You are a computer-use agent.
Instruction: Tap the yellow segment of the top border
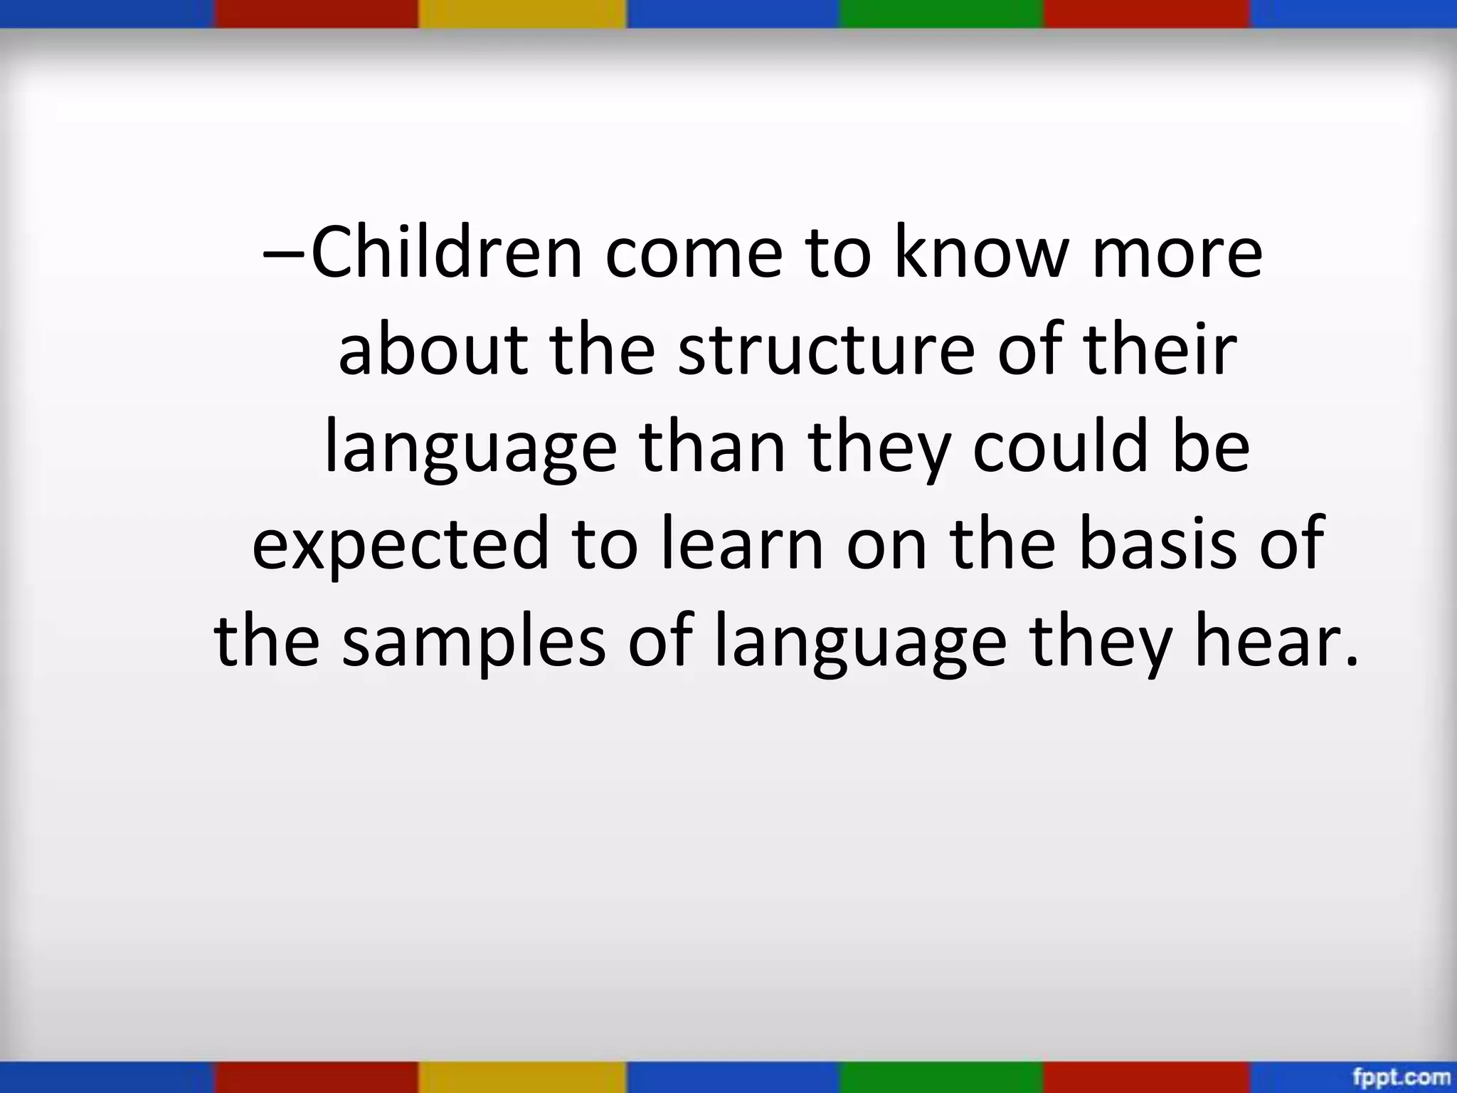pyautogui.click(x=521, y=14)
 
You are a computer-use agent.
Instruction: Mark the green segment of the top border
pyautogui.click(x=941, y=14)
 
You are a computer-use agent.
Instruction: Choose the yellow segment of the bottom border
pyautogui.click(x=521, y=1077)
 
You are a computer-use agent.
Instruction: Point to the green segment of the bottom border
pyautogui.click(x=941, y=1077)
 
